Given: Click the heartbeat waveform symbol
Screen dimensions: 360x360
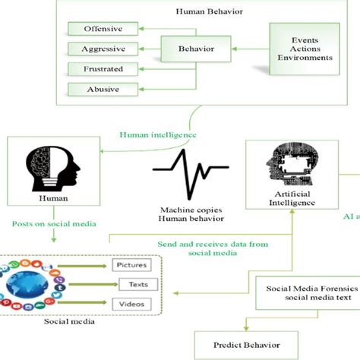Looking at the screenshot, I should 185,175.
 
